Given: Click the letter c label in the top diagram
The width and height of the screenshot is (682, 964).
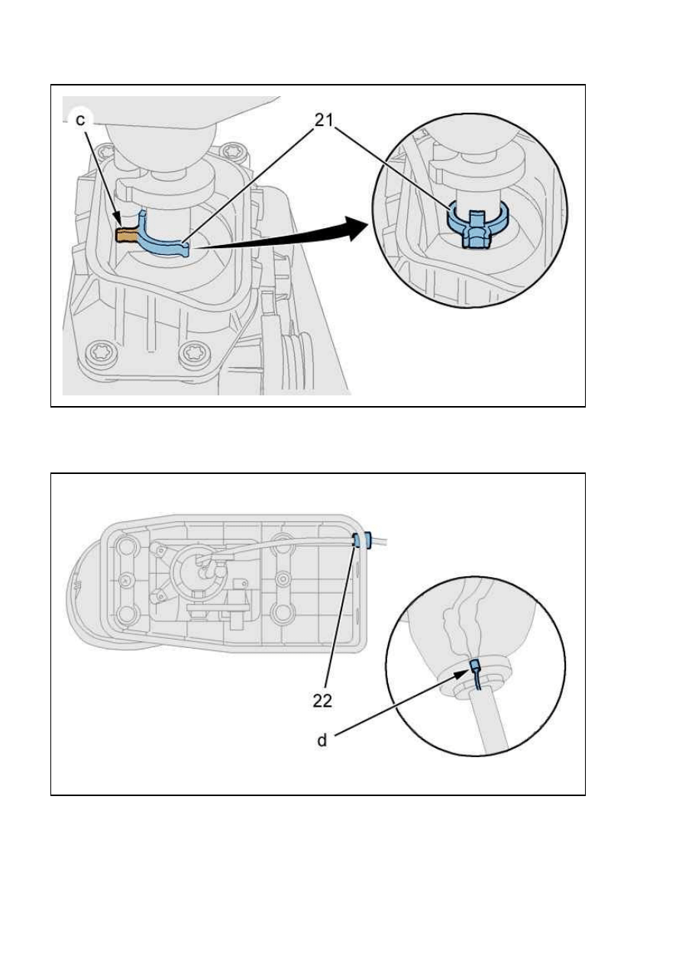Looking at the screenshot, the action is pyautogui.click(x=80, y=121).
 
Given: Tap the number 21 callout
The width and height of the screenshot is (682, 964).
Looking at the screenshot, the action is pyautogui.click(x=325, y=121).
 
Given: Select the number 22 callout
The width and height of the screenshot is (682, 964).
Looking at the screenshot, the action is pyautogui.click(x=322, y=701).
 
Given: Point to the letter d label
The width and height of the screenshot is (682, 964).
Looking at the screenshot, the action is pyautogui.click(x=322, y=740).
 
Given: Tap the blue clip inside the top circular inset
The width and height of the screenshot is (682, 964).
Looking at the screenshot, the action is pyautogui.click(x=477, y=225).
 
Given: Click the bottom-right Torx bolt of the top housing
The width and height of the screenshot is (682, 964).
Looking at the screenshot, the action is pyautogui.click(x=190, y=353).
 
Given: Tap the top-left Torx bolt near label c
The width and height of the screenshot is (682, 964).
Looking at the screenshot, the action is pyautogui.click(x=105, y=152).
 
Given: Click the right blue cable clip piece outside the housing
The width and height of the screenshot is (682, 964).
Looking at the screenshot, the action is pyautogui.click(x=369, y=540).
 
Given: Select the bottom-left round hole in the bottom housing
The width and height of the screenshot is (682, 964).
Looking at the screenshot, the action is pyautogui.click(x=125, y=614).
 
